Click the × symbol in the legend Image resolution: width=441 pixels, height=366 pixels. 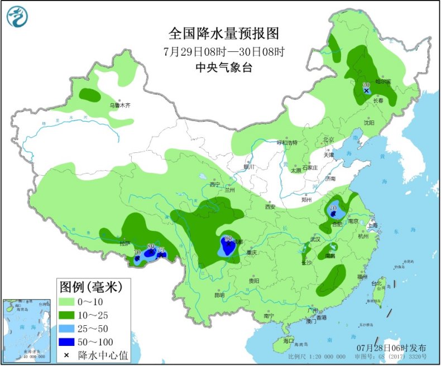coord(67,354)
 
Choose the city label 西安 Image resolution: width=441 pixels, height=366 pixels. coord(270,206)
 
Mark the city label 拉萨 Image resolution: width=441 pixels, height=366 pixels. coord(124,243)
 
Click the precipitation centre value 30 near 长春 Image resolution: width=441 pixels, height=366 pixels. coord(366,85)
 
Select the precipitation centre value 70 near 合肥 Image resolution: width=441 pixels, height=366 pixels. coord(333,208)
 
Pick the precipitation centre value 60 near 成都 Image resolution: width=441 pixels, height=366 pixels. coord(228,239)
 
